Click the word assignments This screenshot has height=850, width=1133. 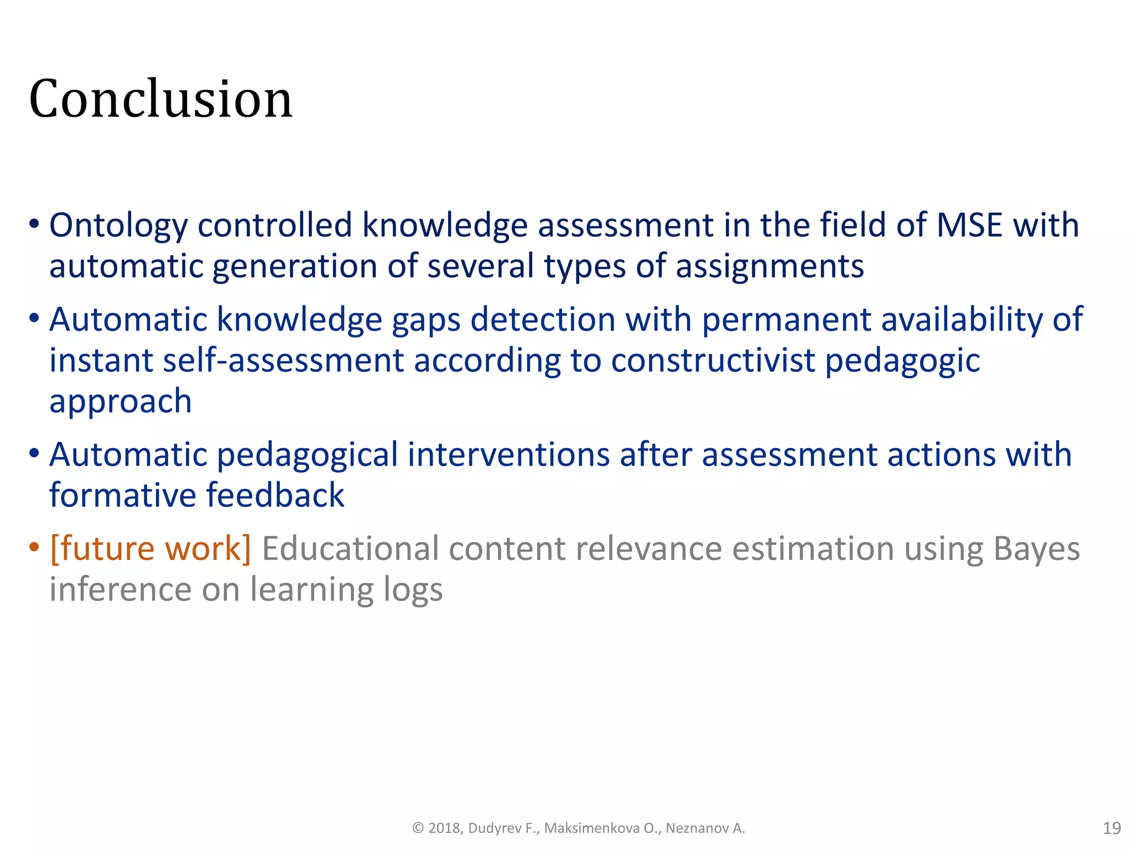[x=770, y=266]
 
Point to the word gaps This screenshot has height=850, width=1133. [x=426, y=321]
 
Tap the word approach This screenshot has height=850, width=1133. [x=121, y=402]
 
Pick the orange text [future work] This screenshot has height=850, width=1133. [x=150, y=549]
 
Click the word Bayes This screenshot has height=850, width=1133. [x=1036, y=549]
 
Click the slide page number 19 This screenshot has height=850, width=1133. [x=1111, y=828]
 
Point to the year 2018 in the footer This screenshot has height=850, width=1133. [x=445, y=828]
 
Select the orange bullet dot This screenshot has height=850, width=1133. [x=34, y=548]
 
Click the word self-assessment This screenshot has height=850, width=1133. [x=283, y=361]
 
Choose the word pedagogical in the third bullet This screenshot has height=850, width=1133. [x=307, y=455]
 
